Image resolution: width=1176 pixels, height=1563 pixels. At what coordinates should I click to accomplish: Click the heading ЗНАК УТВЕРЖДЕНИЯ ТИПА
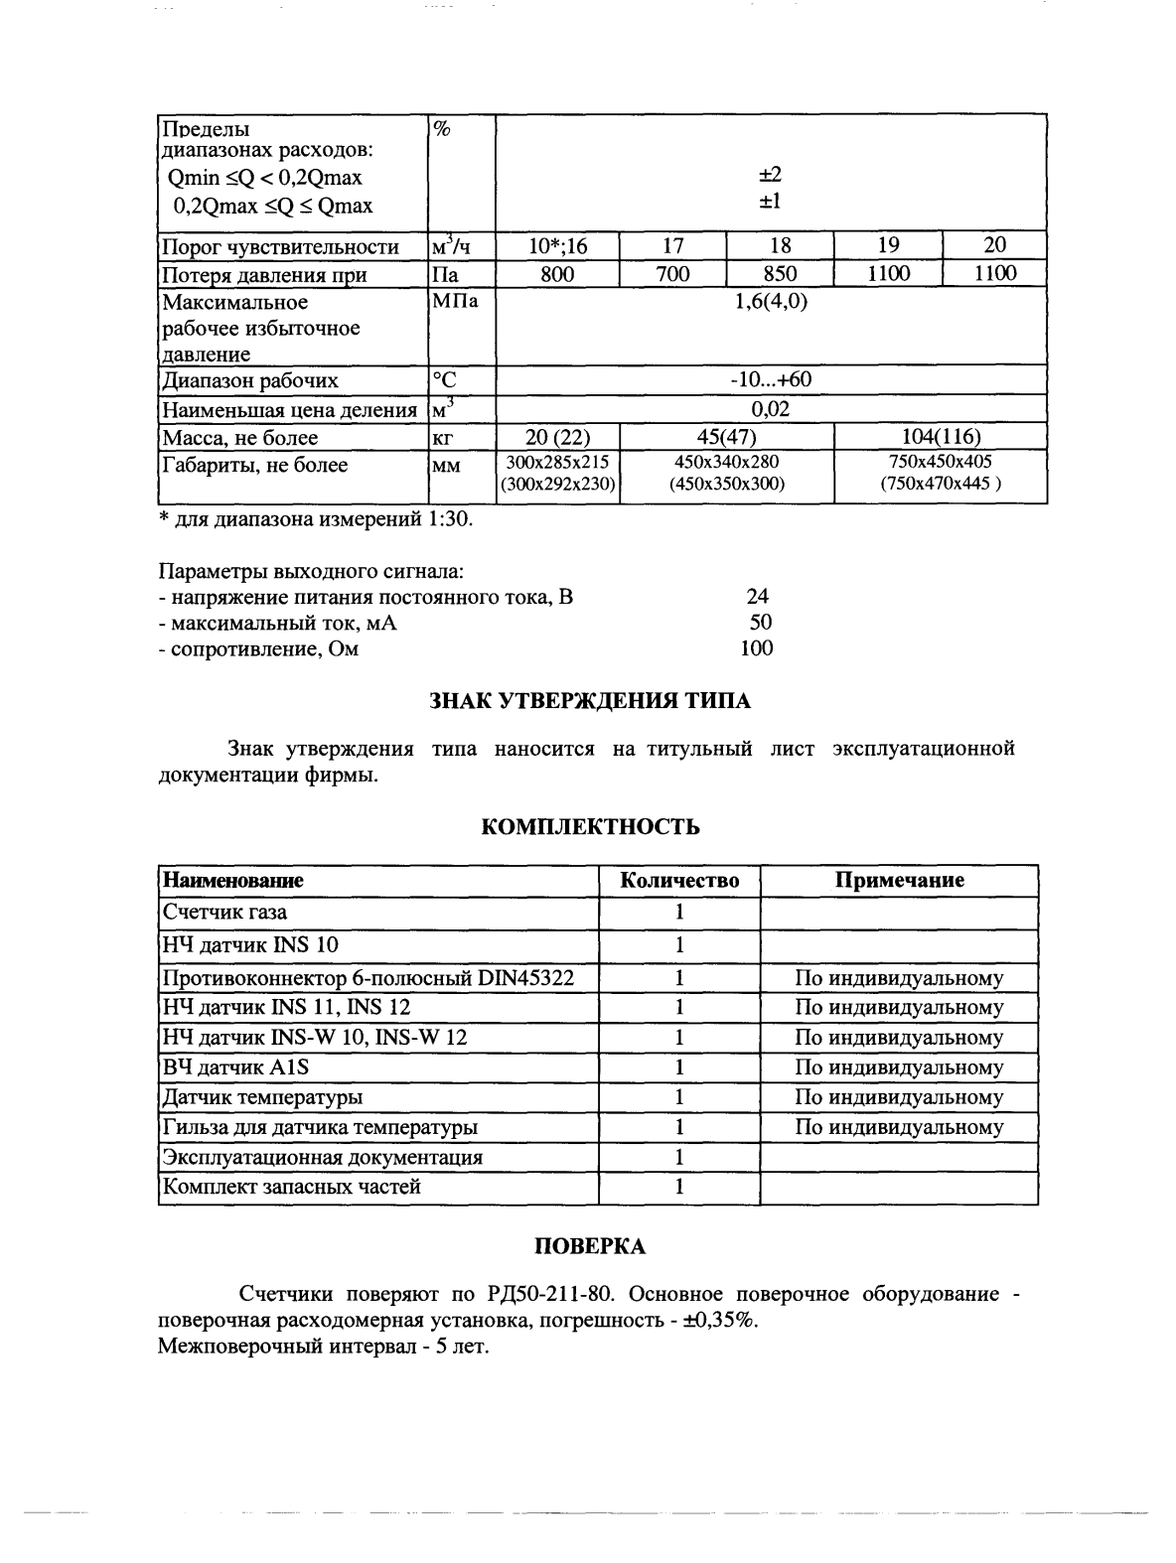pos(589,701)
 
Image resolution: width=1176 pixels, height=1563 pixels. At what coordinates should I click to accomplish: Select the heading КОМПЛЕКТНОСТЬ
pos(590,827)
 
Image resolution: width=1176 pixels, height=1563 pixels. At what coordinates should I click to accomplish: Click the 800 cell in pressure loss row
pos(557,274)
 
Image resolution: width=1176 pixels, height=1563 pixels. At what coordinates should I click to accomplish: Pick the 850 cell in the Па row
pos(780,274)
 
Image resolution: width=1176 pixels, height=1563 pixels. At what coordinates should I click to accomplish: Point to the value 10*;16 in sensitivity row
pos(557,246)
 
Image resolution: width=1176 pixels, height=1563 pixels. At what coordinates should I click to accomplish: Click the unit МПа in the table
pos(456,302)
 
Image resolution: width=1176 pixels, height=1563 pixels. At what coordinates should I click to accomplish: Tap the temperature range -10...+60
pos(770,380)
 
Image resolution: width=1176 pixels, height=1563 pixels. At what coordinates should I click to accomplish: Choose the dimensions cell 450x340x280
pos(727,462)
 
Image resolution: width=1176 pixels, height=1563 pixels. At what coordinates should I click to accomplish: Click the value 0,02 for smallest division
pos(770,409)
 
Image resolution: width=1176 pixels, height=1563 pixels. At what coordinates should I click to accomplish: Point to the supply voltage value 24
pos(757,597)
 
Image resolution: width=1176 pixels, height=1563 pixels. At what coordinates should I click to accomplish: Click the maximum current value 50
pos(760,623)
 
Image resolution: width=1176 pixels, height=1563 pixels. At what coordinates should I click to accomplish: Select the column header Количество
pos(679,881)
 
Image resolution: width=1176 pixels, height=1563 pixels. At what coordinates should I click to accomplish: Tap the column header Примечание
pos(899,881)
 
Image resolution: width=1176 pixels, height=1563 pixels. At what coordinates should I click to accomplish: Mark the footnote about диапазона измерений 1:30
pos(316,519)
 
